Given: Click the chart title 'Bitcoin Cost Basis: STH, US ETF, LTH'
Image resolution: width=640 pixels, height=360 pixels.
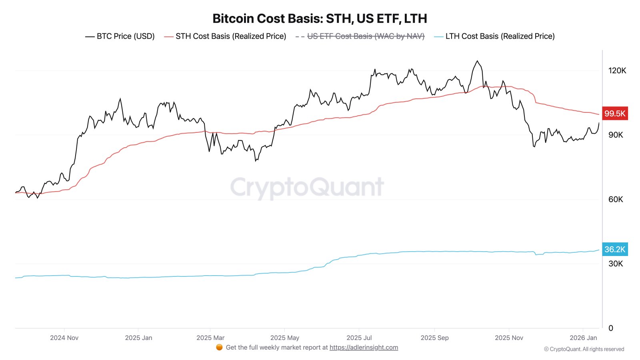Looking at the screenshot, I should (320, 18).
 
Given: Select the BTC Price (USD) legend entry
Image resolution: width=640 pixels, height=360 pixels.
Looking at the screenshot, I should (120, 36).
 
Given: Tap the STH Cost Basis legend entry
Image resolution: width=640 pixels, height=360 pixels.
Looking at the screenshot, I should (225, 36).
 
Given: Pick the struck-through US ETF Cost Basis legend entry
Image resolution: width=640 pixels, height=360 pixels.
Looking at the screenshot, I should (360, 36).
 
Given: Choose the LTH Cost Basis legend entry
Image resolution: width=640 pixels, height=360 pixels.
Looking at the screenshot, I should (494, 36).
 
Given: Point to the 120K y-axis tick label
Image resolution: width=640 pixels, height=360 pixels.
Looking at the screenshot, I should (617, 71).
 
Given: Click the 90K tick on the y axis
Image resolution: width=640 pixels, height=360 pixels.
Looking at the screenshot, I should (616, 135).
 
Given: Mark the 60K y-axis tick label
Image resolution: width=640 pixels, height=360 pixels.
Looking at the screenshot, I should (616, 200).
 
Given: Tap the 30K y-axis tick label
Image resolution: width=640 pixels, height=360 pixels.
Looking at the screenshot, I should (616, 264).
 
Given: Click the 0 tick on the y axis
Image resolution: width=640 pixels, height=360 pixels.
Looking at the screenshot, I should (611, 328).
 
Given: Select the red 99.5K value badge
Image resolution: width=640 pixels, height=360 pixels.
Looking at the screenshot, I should (614, 114).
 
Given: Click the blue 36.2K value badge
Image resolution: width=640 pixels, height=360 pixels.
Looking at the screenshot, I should (614, 250).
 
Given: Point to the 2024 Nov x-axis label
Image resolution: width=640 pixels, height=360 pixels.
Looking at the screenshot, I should (64, 338).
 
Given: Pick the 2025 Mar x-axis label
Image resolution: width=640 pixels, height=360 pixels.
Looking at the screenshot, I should (210, 338).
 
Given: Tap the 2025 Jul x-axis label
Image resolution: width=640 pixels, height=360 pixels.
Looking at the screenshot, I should (359, 338).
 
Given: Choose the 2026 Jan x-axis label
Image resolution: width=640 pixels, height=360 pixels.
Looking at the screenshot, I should (583, 338).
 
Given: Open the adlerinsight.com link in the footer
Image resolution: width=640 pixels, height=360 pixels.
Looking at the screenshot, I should (364, 348).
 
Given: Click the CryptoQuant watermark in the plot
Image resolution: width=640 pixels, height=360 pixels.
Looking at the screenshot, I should (307, 187).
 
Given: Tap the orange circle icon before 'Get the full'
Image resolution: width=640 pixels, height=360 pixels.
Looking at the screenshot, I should (219, 347).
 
